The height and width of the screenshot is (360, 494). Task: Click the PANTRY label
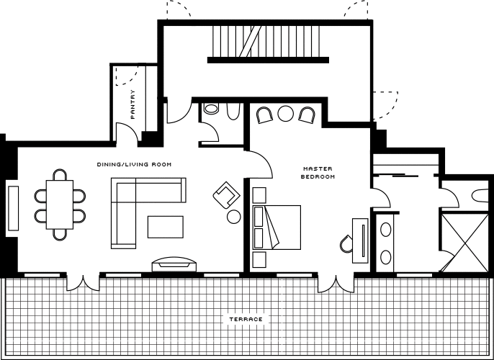(133, 104)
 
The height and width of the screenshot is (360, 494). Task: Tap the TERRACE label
(246, 319)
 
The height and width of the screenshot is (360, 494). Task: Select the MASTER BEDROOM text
(318, 173)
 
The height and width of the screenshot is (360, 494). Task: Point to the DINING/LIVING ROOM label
(134, 164)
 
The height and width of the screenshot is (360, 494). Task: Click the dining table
(60, 204)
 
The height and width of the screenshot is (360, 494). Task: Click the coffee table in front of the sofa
(166, 227)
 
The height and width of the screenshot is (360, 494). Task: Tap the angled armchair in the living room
(226, 195)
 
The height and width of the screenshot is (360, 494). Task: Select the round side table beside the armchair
(234, 217)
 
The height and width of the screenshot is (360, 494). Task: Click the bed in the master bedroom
(277, 228)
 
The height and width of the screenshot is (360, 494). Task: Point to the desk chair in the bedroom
(346, 244)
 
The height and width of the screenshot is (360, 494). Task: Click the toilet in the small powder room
(211, 109)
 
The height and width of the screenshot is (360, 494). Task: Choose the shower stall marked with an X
(464, 243)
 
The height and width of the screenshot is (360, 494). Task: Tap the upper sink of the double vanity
(386, 229)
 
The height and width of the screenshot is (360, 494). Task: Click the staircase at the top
(266, 42)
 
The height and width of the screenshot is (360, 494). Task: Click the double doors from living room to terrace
(84, 283)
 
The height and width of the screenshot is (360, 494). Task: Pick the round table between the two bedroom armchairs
(286, 113)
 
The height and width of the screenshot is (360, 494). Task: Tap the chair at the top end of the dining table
(60, 175)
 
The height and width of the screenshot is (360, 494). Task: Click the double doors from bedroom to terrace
(336, 284)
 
